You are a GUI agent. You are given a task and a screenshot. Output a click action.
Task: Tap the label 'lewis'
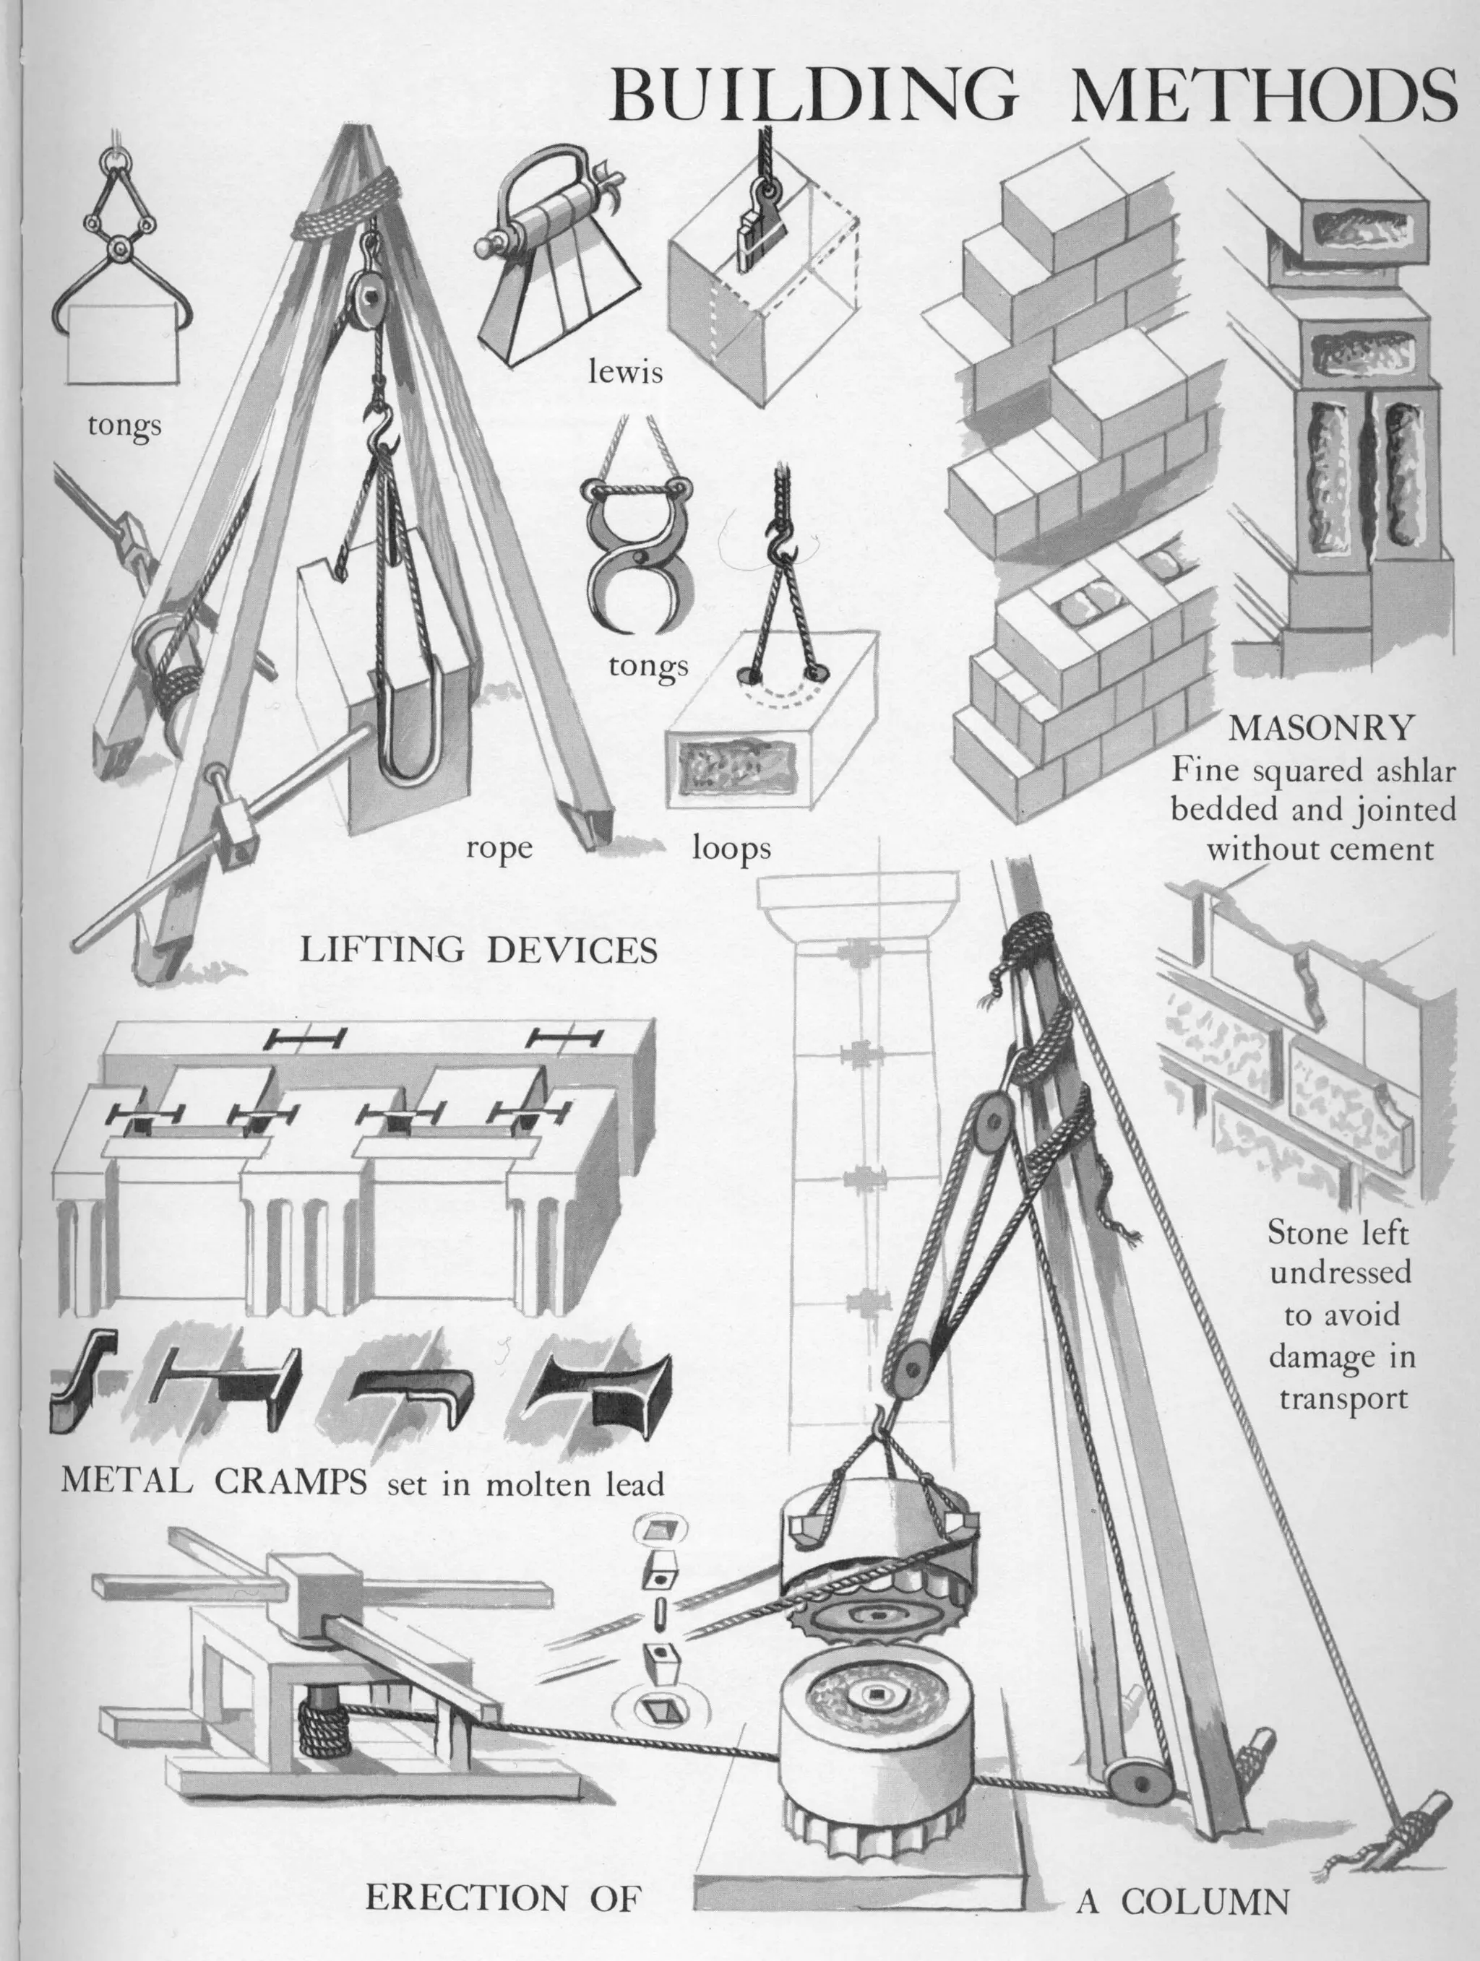(x=626, y=373)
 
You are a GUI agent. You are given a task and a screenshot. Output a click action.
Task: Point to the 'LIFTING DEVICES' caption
(x=479, y=951)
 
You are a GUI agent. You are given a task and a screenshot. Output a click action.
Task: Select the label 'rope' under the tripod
(x=500, y=849)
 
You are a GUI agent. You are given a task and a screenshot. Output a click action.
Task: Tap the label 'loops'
(x=731, y=849)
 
